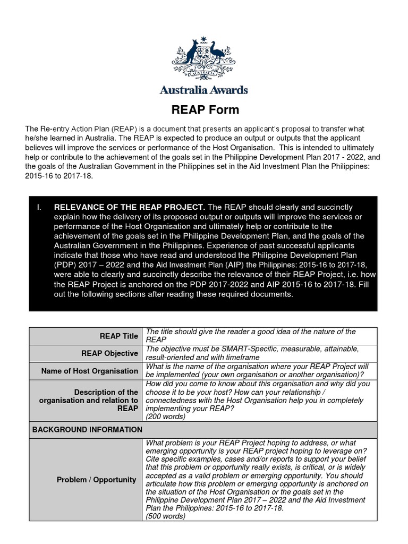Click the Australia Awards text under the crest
(204, 90)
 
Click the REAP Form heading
(205, 110)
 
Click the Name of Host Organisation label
(90, 371)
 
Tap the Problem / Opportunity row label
(97, 480)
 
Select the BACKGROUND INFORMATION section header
(87, 429)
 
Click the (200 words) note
(166, 416)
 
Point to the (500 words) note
(166, 516)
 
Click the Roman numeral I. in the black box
(39, 207)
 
